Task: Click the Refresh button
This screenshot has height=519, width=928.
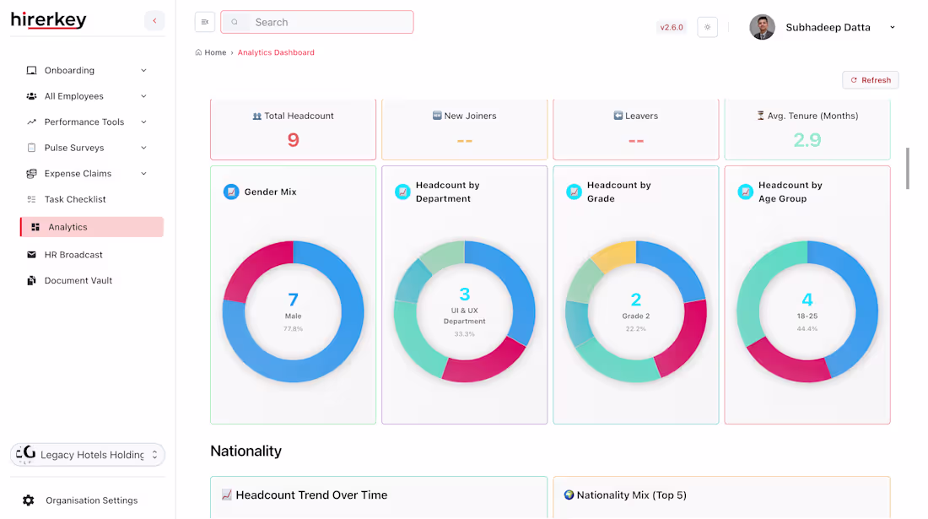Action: tap(870, 80)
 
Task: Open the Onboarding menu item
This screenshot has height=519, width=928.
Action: tap(69, 71)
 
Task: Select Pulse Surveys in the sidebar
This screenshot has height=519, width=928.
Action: tap(74, 148)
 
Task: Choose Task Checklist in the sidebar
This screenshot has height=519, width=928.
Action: tap(75, 199)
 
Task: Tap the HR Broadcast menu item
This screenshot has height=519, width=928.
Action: tap(73, 255)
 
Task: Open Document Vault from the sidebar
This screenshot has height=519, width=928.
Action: tap(78, 281)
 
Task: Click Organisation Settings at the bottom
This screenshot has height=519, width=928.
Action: tap(91, 500)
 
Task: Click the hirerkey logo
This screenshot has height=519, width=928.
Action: tap(49, 20)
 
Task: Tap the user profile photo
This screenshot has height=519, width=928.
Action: tap(762, 27)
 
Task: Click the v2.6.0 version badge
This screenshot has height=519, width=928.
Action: tap(672, 27)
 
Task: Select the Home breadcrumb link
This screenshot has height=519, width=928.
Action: tap(215, 52)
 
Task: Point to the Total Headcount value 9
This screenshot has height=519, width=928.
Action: tap(293, 140)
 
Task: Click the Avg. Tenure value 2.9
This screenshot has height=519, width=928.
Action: tap(807, 140)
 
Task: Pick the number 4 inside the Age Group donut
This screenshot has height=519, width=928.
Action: tap(807, 300)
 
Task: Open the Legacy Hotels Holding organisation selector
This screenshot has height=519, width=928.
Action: tap(88, 455)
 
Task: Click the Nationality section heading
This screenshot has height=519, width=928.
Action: tap(245, 451)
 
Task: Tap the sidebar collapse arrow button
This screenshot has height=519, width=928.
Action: tap(154, 21)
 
